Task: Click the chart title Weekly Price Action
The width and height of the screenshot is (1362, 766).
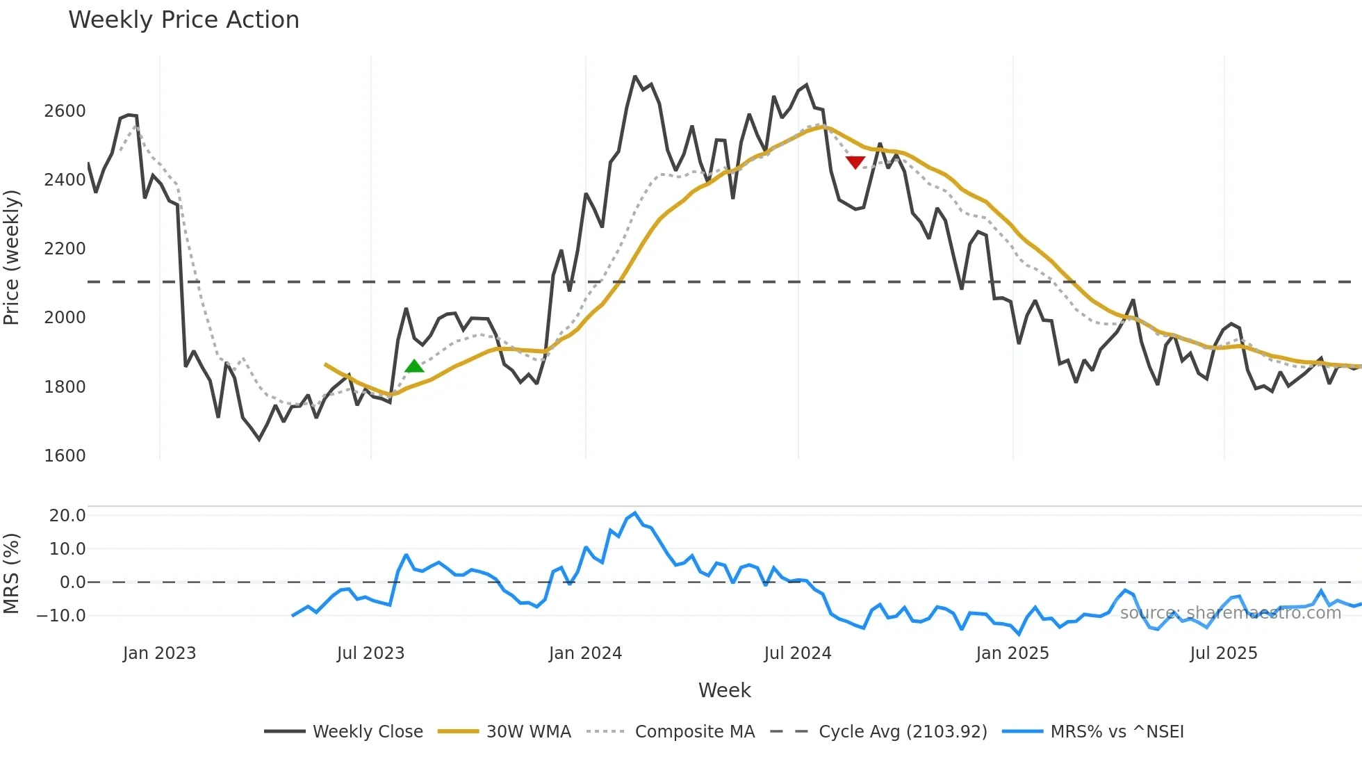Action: coord(183,20)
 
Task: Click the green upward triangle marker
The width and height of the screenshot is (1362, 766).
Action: coord(414,366)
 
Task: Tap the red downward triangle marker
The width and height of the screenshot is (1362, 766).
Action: coord(855,162)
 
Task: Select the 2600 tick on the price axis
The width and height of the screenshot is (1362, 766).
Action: coord(65,111)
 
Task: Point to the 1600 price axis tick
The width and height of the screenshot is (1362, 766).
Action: coord(65,456)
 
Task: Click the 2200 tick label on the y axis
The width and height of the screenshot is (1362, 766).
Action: coord(65,249)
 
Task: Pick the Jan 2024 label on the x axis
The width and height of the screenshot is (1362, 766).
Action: coord(585,653)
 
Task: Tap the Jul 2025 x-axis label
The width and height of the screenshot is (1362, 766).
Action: coord(1223,653)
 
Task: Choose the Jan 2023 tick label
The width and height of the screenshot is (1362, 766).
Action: coord(159,653)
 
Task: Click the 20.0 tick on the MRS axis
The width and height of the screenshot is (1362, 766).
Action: coord(67,516)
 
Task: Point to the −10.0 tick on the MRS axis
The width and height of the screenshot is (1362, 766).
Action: coord(61,616)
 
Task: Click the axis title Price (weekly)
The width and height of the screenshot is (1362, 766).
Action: coord(12,257)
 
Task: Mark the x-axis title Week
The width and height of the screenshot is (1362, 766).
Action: coord(724,690)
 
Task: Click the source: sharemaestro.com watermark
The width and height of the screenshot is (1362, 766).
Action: coord(1230,613)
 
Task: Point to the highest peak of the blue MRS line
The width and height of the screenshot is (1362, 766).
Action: coord(635,513)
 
